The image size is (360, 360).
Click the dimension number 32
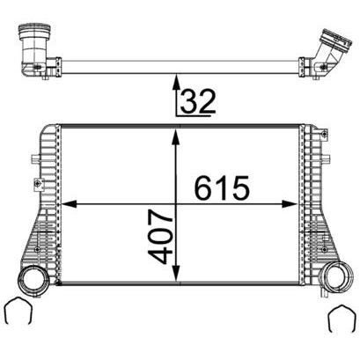click(198, 101)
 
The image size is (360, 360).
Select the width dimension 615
click(222, 187)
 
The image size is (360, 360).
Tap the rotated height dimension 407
click(160, 237)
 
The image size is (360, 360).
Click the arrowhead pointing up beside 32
click(176, 82)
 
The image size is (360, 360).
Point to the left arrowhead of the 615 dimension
click(69, 204)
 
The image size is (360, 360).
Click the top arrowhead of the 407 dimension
click(176, 137)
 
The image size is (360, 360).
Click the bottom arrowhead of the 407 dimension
click(176, 272)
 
